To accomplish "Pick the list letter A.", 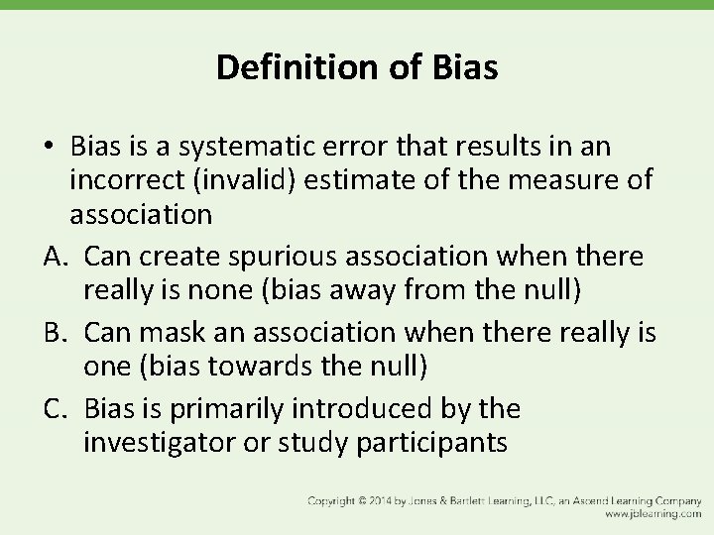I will [55, 256].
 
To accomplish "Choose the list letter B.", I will [55, 332].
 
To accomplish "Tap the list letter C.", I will [55, 408].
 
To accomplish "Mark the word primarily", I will [217, 408].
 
